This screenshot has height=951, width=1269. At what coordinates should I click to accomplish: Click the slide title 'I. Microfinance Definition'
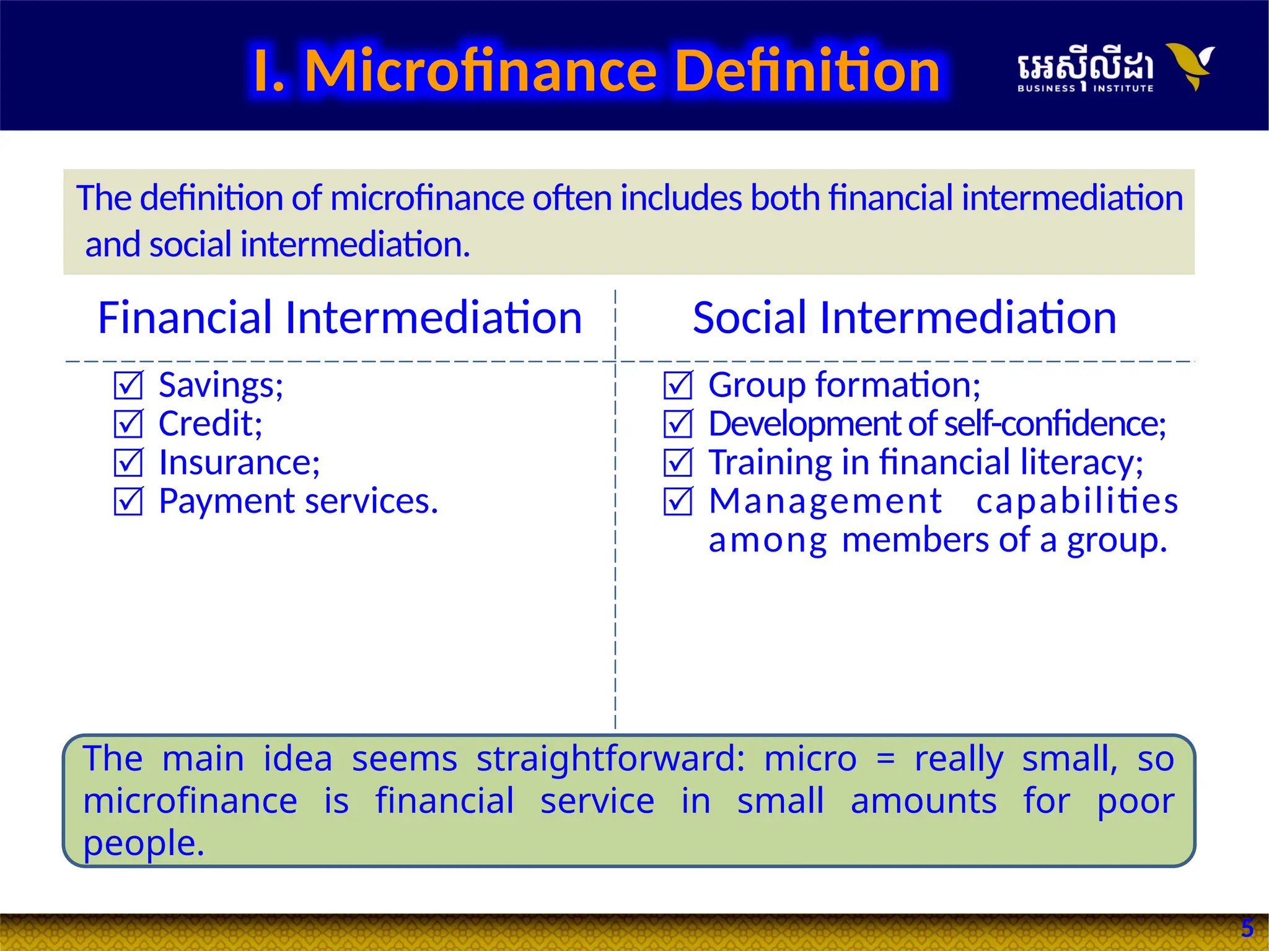tap(596, 71)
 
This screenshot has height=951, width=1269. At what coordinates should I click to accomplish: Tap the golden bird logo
tap(1190, 65)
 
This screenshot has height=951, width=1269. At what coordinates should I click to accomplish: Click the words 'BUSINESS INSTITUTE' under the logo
tap(1085, 89)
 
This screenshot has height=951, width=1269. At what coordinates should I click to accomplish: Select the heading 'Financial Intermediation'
tap(340, 318)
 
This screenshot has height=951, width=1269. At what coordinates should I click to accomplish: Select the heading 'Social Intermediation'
tap(904, 318)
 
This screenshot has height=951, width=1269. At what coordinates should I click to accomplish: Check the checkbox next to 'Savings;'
tap(128, 385)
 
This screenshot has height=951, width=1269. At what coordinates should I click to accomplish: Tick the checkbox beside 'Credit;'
tap(128, 424)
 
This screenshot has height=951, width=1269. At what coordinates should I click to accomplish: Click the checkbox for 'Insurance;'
tap(128, 462)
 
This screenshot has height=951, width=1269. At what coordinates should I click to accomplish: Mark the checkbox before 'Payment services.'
tap(128, 502)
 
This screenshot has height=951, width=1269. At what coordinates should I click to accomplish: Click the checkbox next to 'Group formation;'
tap(678, 385)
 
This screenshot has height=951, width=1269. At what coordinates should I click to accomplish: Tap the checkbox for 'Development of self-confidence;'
tap(678, 424)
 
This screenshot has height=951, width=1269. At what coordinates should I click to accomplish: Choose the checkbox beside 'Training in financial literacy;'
tap(678, 462)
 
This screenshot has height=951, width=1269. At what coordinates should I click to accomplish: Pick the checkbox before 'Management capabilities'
tap(678, 502)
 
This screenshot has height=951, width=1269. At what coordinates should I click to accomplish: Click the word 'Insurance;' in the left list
tap(239, 462)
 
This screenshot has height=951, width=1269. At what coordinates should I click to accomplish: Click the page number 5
tap(1247, 928)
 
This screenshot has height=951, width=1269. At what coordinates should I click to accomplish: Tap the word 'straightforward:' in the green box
tap(610, 759)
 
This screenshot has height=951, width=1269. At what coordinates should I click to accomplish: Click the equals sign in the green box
tap(886, 760)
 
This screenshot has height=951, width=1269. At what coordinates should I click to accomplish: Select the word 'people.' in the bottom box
tap(144, 844)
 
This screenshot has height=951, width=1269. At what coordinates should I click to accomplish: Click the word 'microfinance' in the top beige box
tap(426, 198)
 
